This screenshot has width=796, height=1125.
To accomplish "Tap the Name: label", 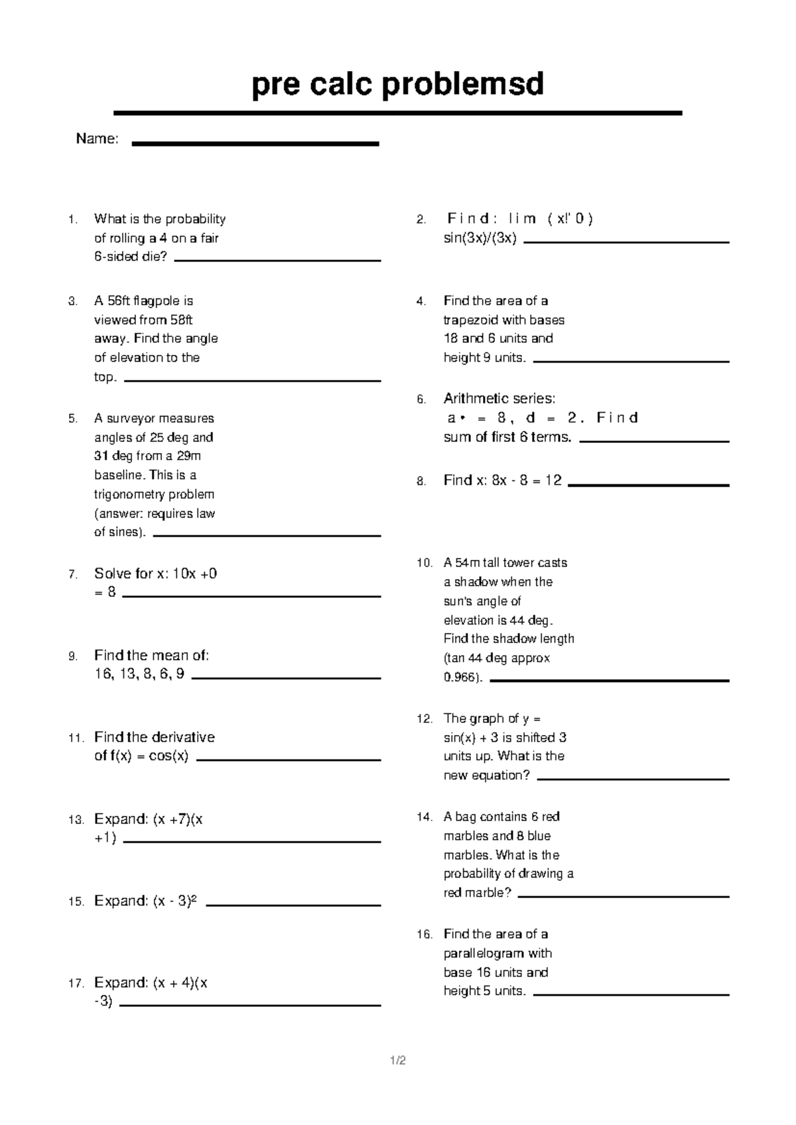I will (x=97, y=139).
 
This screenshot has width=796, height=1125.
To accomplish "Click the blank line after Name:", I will (x=255, y=143).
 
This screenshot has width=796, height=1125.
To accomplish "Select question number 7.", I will (x=73, y=574).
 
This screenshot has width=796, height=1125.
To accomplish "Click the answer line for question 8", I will (x=648, y=486).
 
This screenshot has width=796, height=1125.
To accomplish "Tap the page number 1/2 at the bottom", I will (x=398, y=1060).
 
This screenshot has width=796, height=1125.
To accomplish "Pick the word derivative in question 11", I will (x=183, y=737).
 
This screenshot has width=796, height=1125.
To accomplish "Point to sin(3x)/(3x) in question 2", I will (x=480, y=238).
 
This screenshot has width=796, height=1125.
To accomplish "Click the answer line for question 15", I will (x=293, y=905).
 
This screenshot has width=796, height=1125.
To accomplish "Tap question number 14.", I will (x=424, y=817).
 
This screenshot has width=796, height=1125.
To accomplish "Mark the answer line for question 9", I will (x=285, y=678).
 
